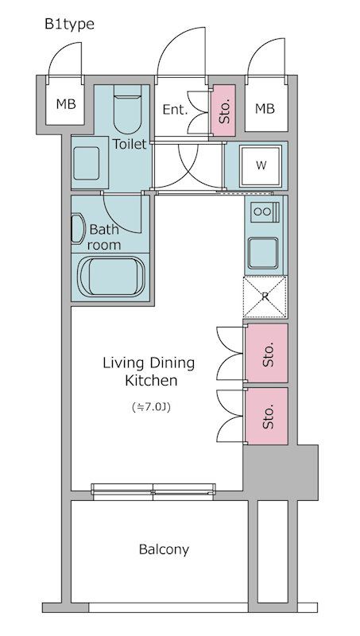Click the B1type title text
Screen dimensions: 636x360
[x=68, y=25]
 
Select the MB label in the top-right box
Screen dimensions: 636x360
[x=265, y=108]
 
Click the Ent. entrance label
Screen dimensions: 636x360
[x=175, y=110]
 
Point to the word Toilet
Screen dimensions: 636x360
[x=129, y=144]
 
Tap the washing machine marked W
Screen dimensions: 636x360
[x=261, y=165]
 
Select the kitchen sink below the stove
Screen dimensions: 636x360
[x=263, y=252]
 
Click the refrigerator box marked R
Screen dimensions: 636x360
[x=265, y=297]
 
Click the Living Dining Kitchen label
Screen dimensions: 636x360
[x=149, y=372]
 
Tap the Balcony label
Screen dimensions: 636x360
[x=164, y=549]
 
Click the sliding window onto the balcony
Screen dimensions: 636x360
[x=153, y=490]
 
